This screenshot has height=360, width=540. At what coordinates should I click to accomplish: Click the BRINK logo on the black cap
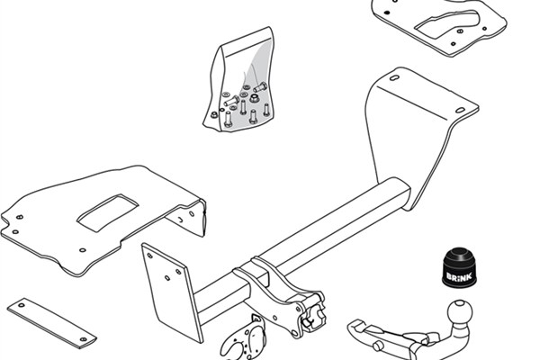459,276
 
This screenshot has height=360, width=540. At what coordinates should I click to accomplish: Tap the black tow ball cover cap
459,267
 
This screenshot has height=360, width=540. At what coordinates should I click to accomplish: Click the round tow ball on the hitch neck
460,312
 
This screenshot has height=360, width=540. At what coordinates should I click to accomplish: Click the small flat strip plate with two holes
51,323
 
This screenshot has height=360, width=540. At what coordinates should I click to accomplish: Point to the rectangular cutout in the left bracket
107,212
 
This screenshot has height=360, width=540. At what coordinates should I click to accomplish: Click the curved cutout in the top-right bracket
447,22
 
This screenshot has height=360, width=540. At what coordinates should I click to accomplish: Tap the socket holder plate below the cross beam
244,338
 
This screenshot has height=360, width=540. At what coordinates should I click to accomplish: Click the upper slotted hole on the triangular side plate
394,78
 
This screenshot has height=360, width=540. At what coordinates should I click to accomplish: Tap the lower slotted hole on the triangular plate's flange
461,110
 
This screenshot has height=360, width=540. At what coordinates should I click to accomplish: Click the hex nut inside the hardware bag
254,98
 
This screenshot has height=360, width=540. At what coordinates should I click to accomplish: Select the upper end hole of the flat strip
22,305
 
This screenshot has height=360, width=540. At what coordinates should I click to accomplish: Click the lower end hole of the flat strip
83,339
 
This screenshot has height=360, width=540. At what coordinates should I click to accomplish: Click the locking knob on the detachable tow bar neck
377,346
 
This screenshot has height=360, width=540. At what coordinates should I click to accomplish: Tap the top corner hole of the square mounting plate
149,256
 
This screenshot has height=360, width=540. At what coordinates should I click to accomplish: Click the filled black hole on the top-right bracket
387,13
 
